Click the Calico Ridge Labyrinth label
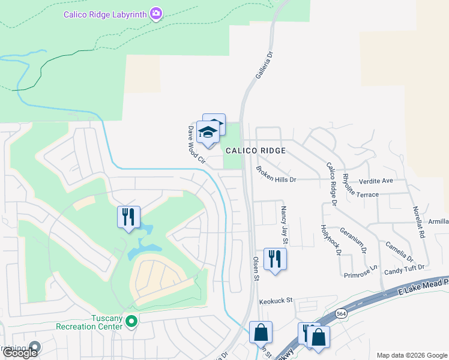point(106,13)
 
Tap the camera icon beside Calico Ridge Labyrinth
point(156,13)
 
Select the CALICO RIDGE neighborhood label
point(255,151)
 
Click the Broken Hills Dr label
point(276,173)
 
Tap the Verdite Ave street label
point(376,181)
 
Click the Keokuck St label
point(275,300)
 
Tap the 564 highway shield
point(341,313)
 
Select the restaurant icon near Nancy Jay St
point(275,259)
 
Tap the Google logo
point(20,353)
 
